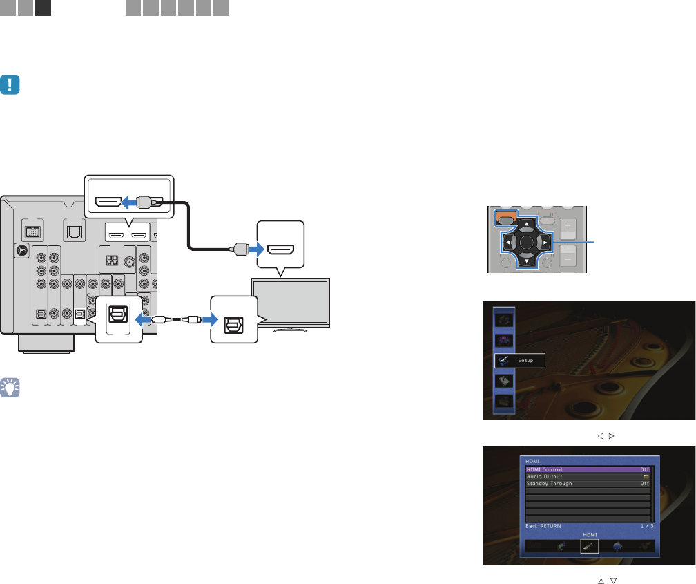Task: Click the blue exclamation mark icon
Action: [11, 84]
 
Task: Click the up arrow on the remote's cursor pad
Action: [525, 225]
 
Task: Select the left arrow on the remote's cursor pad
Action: [507, 243]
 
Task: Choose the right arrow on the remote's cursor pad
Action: [544, 243]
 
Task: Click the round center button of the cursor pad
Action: [526, 243]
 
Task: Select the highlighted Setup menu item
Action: [520, 360]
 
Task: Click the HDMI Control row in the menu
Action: [588, 469]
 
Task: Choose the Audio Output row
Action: [588, 476]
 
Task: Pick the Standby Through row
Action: [588, 484]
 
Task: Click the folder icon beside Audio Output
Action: [646, 476]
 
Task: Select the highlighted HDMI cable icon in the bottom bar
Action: [590, 545]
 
